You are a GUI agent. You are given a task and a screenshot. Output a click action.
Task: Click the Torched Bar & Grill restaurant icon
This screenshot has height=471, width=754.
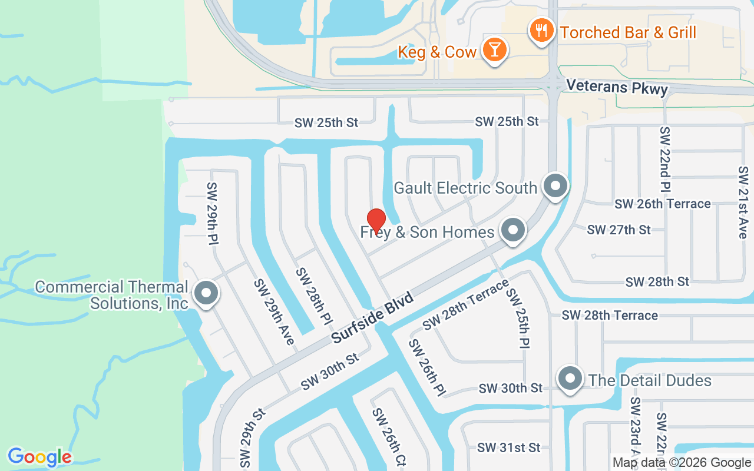[540, 29]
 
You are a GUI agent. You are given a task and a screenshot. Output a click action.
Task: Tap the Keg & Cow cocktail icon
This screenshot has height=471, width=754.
[494, 49]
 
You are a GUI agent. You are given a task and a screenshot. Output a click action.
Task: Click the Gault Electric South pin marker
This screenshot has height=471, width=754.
[555, 186]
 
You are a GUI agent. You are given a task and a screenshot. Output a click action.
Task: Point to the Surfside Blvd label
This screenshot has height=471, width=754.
[372, 317]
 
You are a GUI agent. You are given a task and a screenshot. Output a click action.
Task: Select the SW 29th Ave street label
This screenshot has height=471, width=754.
[275, 311]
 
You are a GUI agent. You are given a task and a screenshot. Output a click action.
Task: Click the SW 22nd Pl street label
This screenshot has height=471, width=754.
[665, 160]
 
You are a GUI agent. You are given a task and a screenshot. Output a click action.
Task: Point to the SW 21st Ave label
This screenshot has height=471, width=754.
[742, 202]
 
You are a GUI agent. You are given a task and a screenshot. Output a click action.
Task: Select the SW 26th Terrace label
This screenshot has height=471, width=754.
[662, 204]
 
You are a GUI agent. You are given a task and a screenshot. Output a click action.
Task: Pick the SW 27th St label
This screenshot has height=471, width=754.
[619, 230]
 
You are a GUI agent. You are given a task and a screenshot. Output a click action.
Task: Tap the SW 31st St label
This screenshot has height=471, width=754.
[508, 447]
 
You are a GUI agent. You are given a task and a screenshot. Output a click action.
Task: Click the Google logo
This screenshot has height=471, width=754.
[39, 457]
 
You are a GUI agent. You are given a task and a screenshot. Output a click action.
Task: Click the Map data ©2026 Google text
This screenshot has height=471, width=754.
[682, 463]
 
